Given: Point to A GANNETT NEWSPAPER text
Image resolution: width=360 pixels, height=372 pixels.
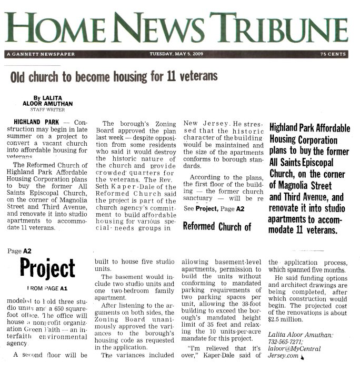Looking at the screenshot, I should click(x=41, y=54).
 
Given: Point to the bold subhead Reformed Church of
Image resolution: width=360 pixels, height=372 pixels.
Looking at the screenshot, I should click(x=216, y=227).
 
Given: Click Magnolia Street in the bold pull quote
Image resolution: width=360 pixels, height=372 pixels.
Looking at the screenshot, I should click(x=305, y=186).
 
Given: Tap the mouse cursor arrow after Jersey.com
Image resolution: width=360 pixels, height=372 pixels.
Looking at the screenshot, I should click(x=303, y=357).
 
